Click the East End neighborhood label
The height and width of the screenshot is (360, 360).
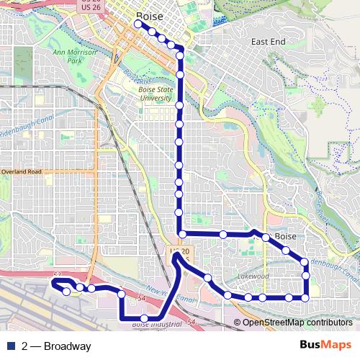pos(268,42)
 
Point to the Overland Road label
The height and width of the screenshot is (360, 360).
pos(22,172)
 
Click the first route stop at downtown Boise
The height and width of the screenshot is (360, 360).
pos(138,24)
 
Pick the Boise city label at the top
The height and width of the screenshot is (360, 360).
pos(149,16)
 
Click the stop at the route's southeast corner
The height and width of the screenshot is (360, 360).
pos(305,297)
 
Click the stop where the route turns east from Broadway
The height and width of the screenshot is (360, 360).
pos(183,234)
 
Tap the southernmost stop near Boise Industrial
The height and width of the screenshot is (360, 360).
pos(145,318)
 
